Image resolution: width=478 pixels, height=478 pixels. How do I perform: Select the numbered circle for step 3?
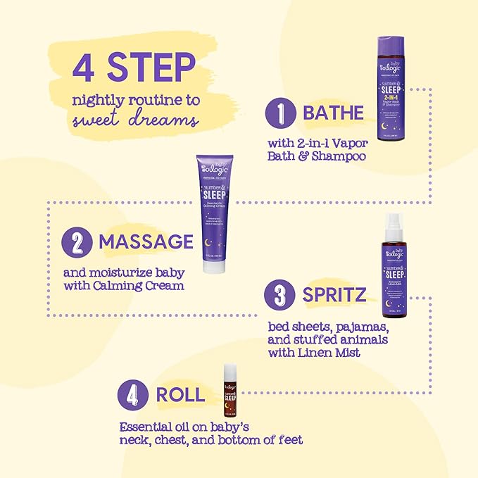280,295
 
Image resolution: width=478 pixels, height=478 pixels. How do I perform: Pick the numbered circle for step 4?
134,394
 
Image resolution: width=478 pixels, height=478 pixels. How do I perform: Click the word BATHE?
334,113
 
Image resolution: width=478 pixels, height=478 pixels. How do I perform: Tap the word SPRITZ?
334,295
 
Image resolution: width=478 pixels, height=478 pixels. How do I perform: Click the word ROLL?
180,394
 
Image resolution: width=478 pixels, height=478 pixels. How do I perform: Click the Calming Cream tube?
215,211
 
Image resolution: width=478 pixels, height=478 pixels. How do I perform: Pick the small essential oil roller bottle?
229,390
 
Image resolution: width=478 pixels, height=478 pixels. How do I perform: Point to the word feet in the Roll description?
289,440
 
